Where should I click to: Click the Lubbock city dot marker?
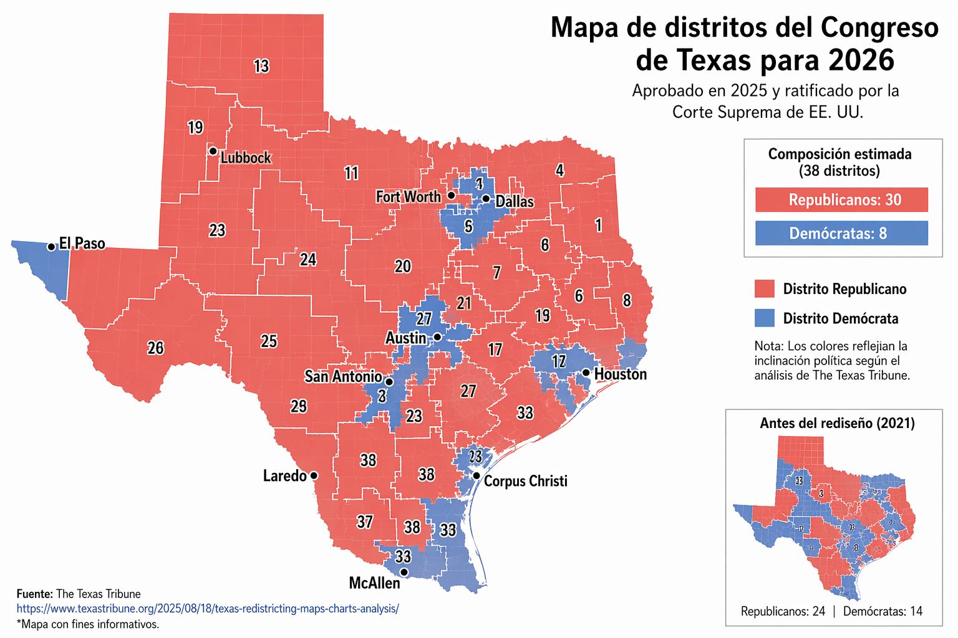(x=213, y=151)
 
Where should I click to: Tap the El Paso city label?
(x=82, y=244)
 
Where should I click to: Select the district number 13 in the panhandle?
(x=261, y=66)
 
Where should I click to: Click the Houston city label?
(x=620, y=374)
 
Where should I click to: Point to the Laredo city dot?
(x=314, y=476)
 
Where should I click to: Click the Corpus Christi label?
(x=525, y=482)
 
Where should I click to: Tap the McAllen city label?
(x=374, y=583)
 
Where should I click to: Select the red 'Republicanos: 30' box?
(x=841, y=200)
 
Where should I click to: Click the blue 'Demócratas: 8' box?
(x=841, y=234)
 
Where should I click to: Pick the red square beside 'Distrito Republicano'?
(x=764, y=289)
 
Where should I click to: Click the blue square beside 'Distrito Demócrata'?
(x=764, y=318)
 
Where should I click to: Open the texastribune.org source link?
(x=207, y=609)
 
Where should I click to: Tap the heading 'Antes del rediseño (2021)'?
(x=837, y=424)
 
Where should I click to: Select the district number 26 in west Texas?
(x=155, y=348)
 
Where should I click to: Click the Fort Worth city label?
(x=408, y=197)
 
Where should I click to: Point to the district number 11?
(x=351, y=173)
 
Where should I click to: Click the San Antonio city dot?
(x=389, y=382)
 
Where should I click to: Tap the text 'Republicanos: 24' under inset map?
(x=783, y=612)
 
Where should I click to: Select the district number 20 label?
(x=403, y=267)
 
